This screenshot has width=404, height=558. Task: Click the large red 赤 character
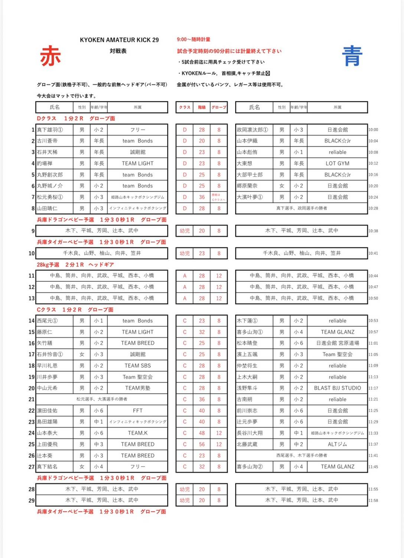point(50,56)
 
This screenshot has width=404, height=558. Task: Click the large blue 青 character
point(352,56)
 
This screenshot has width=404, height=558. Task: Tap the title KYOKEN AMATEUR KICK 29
point(119,40)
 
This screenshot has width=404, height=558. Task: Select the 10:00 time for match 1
point(373,130)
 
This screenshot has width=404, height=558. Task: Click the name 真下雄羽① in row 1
point(50,130)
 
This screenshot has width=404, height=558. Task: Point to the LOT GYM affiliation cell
point(337,163)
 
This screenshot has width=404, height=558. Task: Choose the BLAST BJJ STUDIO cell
point(337,388)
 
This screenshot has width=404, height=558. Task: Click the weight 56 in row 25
point(202,444)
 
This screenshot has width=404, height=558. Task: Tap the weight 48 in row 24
point(202,433)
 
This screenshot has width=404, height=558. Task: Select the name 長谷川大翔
point(250,433)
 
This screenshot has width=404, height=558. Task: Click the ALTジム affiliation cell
point(337,444)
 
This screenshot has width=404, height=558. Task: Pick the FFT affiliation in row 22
point(137,411)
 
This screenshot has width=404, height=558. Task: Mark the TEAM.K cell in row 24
point(137,433)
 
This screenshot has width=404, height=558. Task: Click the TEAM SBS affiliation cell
point(137,366)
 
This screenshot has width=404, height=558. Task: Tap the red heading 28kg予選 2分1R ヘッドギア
point(75,265)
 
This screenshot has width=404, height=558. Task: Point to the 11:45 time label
point(373,467)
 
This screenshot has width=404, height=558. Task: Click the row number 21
point(32,399)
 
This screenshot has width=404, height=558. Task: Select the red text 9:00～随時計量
point(193,39)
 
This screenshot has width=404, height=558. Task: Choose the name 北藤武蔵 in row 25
point(247,444)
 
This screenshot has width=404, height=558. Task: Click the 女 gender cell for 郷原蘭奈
point(282,186)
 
